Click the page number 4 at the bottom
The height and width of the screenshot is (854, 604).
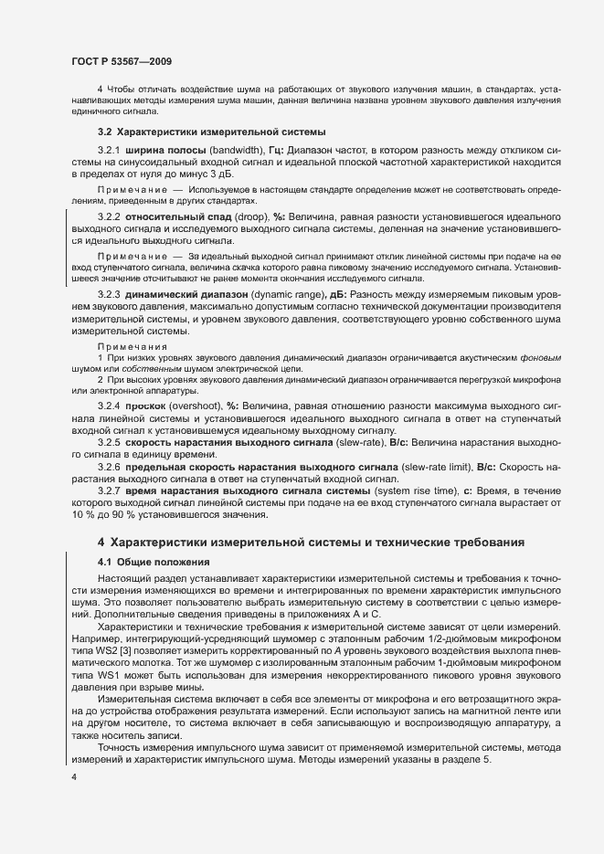pos(74,776)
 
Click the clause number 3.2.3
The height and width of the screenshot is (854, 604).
pos(109,294)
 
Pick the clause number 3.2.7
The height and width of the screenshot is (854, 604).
pos(109,491)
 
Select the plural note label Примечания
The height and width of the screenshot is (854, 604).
pos(132,347)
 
